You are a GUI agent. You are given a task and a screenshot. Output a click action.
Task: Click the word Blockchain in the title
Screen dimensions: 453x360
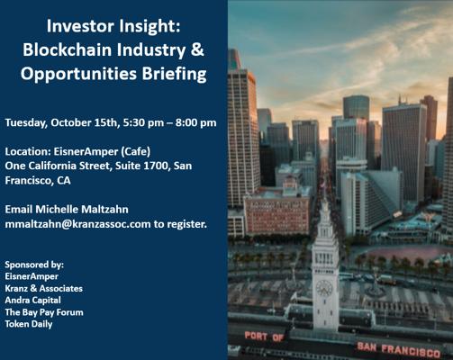pos(68,49)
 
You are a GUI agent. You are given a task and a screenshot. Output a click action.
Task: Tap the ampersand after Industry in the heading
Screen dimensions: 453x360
pos(197,49)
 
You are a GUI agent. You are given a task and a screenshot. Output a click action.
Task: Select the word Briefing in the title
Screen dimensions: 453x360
pos(175,75)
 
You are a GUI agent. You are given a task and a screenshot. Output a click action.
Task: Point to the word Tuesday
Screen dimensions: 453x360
pos(26,123)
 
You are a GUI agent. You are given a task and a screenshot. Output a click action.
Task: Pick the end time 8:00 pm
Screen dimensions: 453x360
pos(196,123)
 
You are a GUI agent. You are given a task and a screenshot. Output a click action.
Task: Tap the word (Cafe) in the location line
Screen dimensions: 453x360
pos(135,152)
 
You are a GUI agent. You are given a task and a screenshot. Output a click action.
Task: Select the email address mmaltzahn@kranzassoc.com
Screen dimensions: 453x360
pos(77,224)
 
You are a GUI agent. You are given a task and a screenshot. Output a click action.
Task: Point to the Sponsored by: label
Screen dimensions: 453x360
pos(34,265)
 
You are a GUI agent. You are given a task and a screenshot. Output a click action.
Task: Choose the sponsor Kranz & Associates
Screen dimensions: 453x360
pos(44,289)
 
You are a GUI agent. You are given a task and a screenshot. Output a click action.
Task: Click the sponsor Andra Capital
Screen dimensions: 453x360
pos(33,301)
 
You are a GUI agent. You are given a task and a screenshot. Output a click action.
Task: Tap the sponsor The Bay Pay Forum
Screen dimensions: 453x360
pos(44,312)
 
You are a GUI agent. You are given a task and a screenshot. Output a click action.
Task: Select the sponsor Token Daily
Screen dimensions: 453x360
pos(29,324)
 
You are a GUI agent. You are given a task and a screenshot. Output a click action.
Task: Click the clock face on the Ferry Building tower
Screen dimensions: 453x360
pos(324,288)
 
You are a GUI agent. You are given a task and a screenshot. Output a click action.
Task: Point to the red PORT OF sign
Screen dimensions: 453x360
pos(264,337)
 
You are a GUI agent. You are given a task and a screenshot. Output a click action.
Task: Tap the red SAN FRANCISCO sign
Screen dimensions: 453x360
pos(399,349)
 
